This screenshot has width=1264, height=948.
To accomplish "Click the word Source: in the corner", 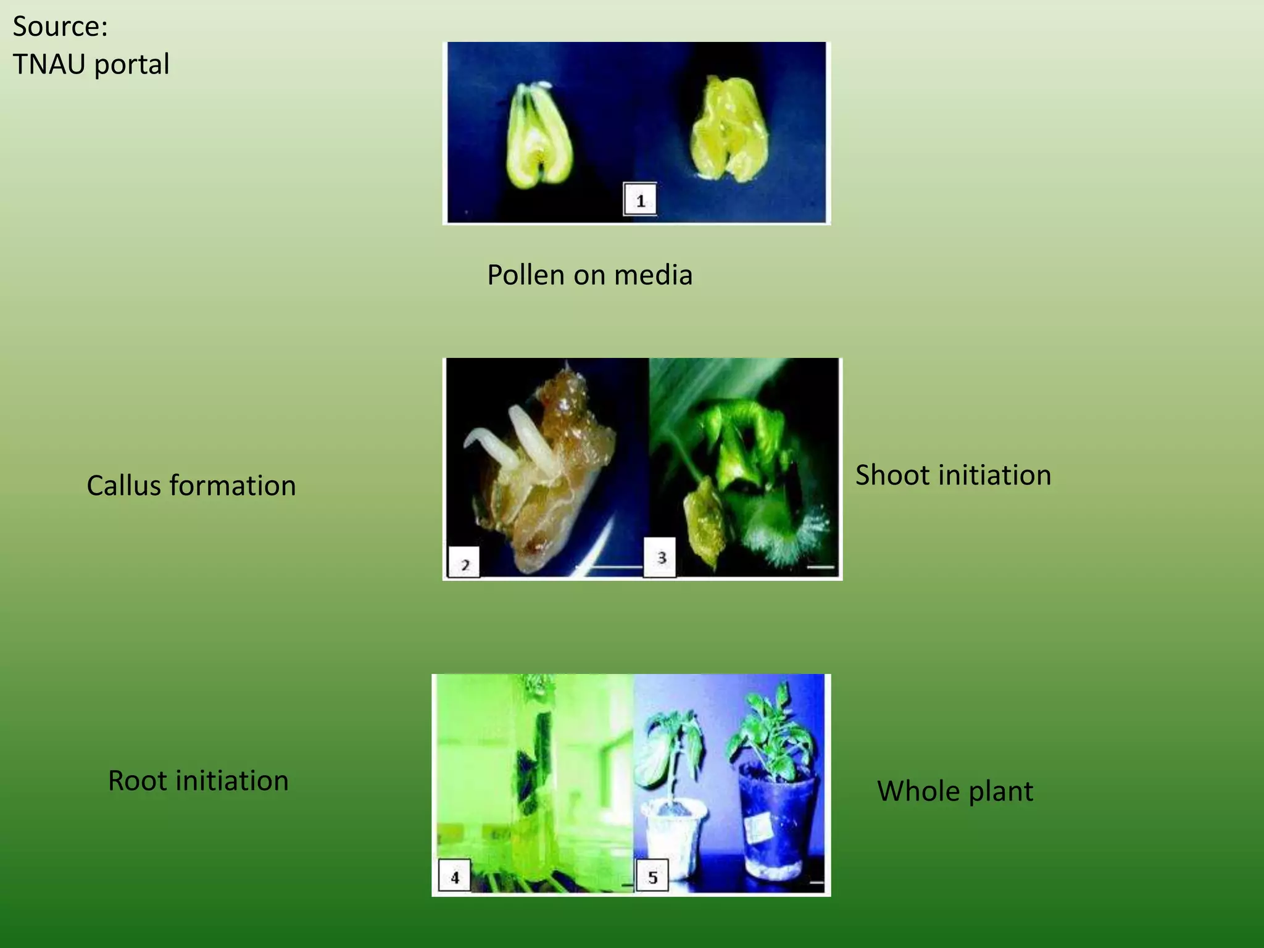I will (x=60, y=27).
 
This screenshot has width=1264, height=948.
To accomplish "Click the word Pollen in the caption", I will (x=526, y=275).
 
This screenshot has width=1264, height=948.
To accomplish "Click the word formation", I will (x=233, y=486).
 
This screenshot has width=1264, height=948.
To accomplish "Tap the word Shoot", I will (x=891, y=475).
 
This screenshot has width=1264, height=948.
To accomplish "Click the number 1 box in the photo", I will (x=640, y=200).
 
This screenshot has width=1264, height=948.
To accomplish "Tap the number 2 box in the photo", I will (x=464, y=563).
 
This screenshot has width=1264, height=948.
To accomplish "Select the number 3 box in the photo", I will (x=660, y=558).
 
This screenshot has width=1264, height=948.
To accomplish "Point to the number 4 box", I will (x=454, y=876).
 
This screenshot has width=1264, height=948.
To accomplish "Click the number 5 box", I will (x=652, y=877).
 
